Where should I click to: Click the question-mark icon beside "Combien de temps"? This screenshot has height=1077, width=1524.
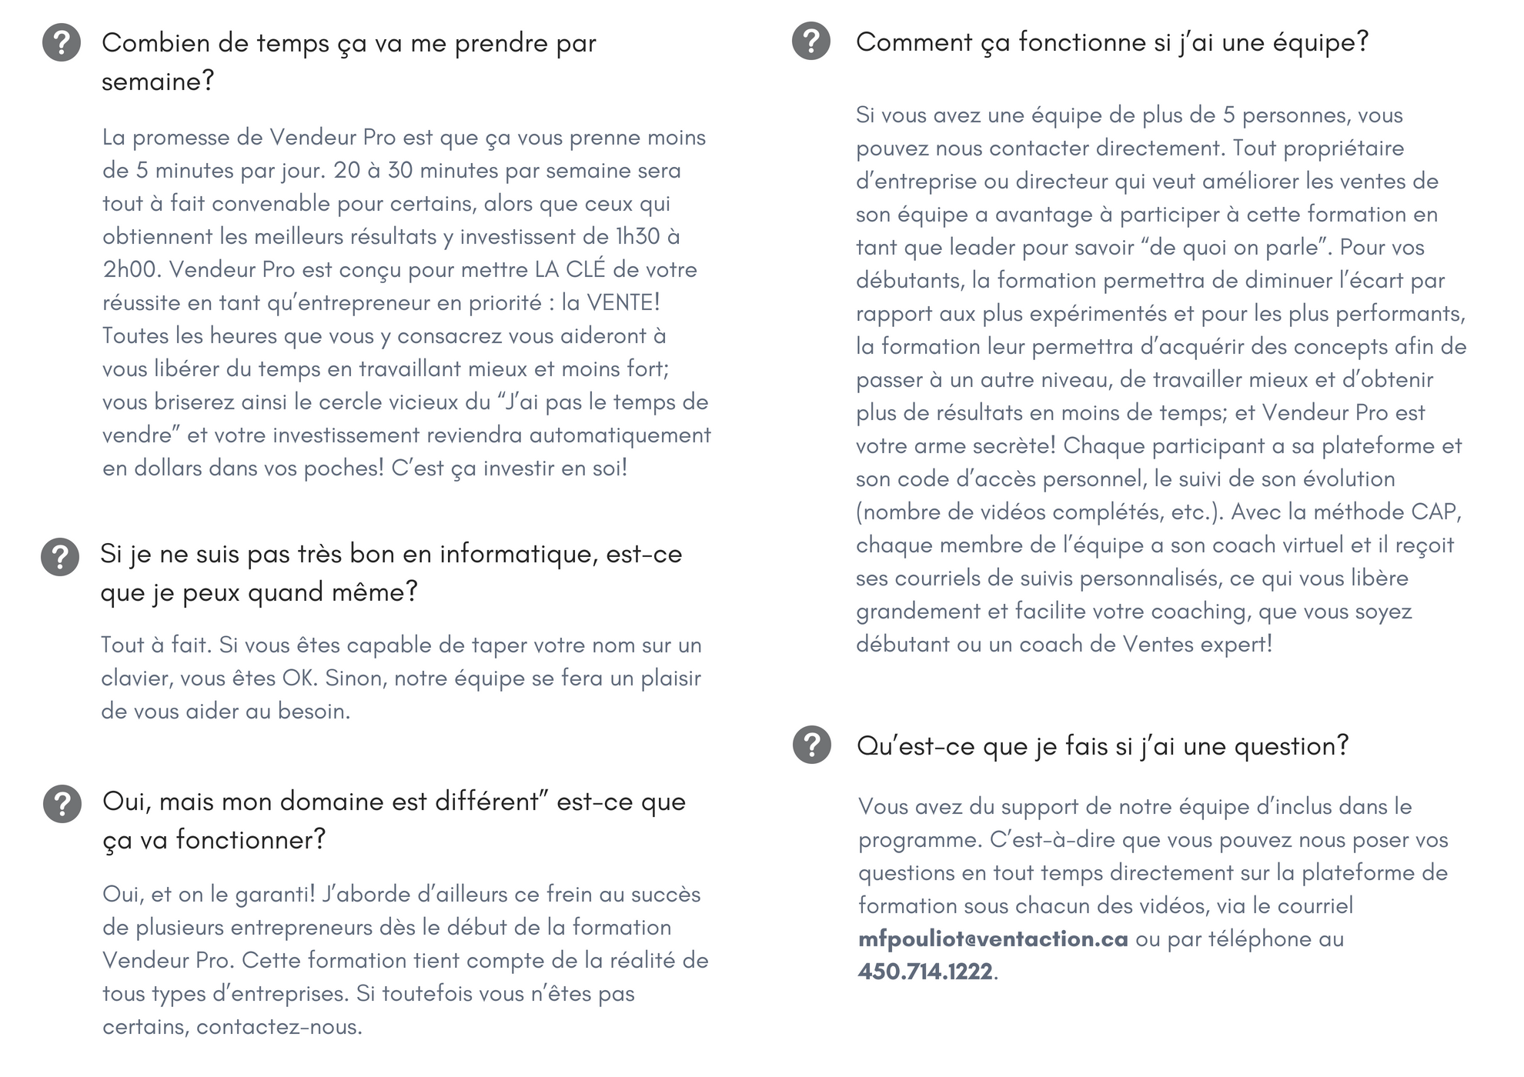[x=62, y=42]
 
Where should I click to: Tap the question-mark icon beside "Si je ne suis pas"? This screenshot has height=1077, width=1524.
[x=60, y=556]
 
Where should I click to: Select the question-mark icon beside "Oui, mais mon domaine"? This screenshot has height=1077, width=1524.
[x=62, y=804]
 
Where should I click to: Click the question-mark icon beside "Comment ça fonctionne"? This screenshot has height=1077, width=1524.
[x=811, y=41]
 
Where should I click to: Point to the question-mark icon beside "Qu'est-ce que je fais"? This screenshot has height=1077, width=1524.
[x=812, y=745]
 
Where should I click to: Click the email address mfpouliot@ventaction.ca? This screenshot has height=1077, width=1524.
[x=993, y=939]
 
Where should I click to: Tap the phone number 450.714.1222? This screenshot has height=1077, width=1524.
[x=925, y=972]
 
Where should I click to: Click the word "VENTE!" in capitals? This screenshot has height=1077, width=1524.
[x=623, y=302]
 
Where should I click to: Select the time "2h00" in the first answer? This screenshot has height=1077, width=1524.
[x=130, y=269]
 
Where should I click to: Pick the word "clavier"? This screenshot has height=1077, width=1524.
[x=135, y=679]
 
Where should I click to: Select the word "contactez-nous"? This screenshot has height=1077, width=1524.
[x=278, y=1027]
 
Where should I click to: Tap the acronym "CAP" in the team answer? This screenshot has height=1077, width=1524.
[x=1433, y=512]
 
